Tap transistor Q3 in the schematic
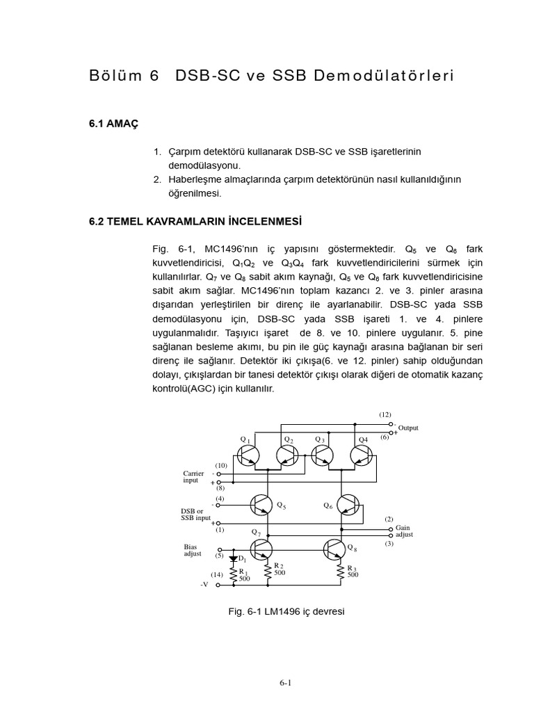click(323, 456)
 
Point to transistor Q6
click(348, 505)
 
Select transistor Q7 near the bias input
click(264, 549)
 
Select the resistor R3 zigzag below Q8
click(341, 572)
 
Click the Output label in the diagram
click(408, 428)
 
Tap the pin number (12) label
click(385, 414)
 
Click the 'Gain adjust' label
click(404, 531)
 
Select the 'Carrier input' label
click(193, 477)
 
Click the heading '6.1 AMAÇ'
click(114, 123)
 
